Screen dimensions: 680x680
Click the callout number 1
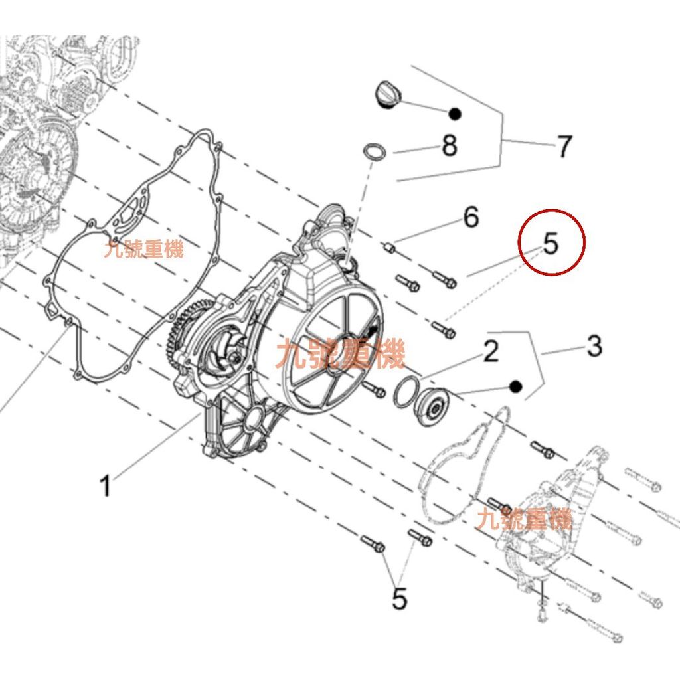click(x=106, y=485)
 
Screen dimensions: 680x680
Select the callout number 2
click(x=491, y=351)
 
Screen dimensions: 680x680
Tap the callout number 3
click(x=594, y=346)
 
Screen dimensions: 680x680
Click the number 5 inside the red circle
click(x=551, y=244)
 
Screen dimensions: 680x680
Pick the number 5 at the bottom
click(x=399, y=599)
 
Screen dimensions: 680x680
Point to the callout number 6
click(x=471, y=217)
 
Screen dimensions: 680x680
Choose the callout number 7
click(x=564, y=146)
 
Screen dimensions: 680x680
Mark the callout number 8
click(x=450, y=145)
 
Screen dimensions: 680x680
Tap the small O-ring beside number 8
click(x=375, y=152)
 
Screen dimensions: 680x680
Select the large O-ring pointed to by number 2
click(x=406, y=392)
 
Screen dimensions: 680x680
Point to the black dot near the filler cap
click(x=454, y=114)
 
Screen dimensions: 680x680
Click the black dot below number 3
click(x=515, y=386)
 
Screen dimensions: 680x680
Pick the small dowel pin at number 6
click(x=388, y=248)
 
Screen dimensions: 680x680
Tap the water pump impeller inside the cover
click(x=227, y=352)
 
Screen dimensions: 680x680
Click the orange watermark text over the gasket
click(x=144, y=250)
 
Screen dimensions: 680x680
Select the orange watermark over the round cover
click(x=341, y=353)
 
